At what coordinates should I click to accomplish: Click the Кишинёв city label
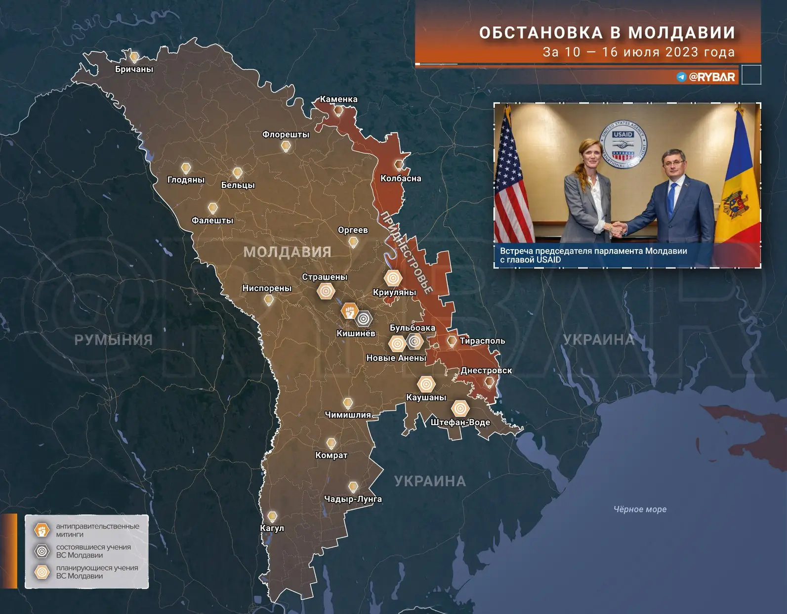[x=356, y=334]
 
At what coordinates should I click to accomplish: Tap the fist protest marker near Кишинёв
[x=349, y=311]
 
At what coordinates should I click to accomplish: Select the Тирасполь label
[x=482, y=341]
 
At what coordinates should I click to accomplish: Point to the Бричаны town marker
[x=134, y=57]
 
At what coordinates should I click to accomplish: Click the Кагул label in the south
[x=272, y=528]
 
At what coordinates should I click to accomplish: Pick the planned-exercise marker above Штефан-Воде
[x=460, y=408]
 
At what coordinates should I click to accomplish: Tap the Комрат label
[x=331, y=455]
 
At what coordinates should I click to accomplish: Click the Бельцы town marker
[x=238, y=173]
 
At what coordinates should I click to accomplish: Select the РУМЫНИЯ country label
[x=113, y=340]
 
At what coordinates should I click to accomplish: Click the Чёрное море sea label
[x=640, y=509]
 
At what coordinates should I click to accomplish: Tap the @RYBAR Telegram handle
[x=711, y=77]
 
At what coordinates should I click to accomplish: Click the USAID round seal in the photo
[x=622, y=144]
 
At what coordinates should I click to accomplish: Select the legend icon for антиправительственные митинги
[x=42, y=530]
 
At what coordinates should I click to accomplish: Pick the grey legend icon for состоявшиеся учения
[x=42, y=551]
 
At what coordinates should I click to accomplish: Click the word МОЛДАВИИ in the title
[x=682, y=33]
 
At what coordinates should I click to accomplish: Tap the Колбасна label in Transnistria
[x=401, y=178]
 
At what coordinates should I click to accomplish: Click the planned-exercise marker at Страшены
[x=326, y=291]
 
